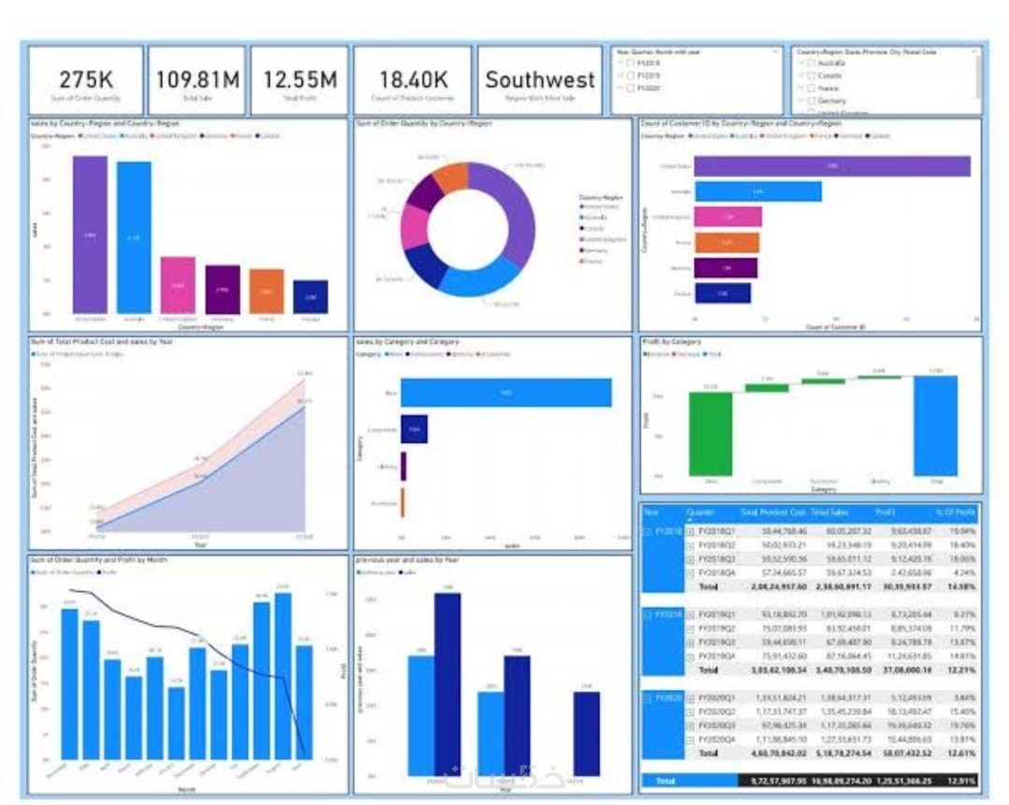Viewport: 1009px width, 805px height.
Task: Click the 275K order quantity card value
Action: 86,78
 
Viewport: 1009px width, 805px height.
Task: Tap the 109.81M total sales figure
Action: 198,78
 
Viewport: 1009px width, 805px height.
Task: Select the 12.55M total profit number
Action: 299,78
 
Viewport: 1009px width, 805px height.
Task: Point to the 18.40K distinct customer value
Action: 414,78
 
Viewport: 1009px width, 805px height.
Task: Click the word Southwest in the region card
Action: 539,79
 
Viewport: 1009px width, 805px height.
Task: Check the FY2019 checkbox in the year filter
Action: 631,76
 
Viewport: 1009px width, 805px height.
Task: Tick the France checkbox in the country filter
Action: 810,88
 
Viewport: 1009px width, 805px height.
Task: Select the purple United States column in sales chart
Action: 90,233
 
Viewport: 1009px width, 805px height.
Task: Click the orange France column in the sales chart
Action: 266,290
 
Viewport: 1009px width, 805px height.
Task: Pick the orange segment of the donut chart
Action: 450,177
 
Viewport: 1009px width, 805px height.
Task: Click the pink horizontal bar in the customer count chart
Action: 728,217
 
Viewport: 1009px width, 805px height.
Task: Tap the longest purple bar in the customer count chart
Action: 831,166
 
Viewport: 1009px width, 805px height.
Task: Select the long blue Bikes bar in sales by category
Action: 506,392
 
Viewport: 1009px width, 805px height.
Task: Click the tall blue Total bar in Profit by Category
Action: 935,425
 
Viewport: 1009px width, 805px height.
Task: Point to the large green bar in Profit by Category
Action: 711,433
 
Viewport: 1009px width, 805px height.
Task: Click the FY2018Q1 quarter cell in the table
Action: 712,530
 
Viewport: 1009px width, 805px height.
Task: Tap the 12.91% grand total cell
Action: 959,780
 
